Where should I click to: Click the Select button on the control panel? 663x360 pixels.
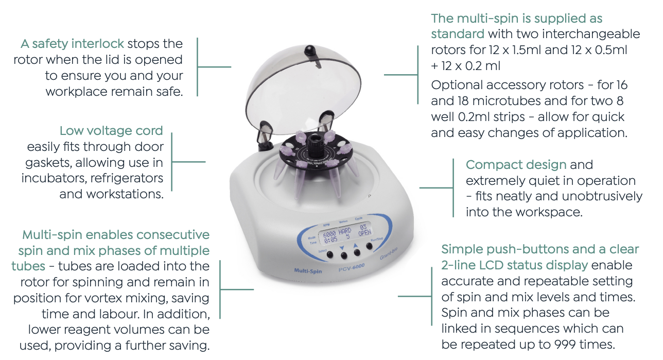click(330, 254)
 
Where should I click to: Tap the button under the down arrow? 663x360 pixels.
click(344, 255)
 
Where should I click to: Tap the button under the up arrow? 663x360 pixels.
click(357, 252)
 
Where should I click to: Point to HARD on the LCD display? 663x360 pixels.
click(345, 231)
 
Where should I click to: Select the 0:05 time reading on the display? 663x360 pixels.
click(330, 240)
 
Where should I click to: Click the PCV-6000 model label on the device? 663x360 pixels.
click(352, 268)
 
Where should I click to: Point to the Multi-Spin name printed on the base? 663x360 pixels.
click(308, 270)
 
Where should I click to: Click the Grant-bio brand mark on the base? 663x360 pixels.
click(389, 254)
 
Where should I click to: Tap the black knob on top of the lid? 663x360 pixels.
click(310, 50)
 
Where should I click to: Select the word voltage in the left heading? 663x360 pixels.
click(110, 131)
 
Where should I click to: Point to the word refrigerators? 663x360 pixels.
click(127, 178)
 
